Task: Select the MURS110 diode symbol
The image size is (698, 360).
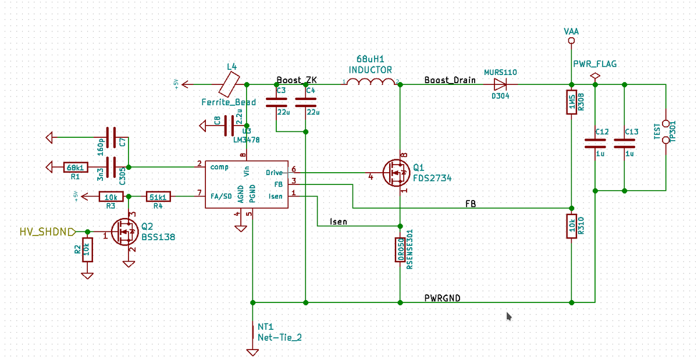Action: click(500, 84)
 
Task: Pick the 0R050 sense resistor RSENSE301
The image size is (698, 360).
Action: click(400, 249)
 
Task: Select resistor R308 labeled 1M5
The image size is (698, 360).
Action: click(571, 103)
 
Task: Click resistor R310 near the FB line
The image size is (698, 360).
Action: click(571, 226)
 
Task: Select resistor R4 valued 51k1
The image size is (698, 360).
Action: click(158, 197)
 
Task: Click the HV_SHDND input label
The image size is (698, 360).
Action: click(47, 232)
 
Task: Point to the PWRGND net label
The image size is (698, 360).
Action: click(442, 298)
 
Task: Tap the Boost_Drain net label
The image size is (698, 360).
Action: click(450, 80)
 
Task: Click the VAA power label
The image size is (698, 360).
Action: click(571, 31)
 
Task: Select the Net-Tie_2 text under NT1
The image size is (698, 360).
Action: click(279, 337)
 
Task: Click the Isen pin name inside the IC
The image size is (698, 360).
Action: click(275, 196)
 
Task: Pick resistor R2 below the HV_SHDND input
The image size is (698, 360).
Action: click(87, 249)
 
